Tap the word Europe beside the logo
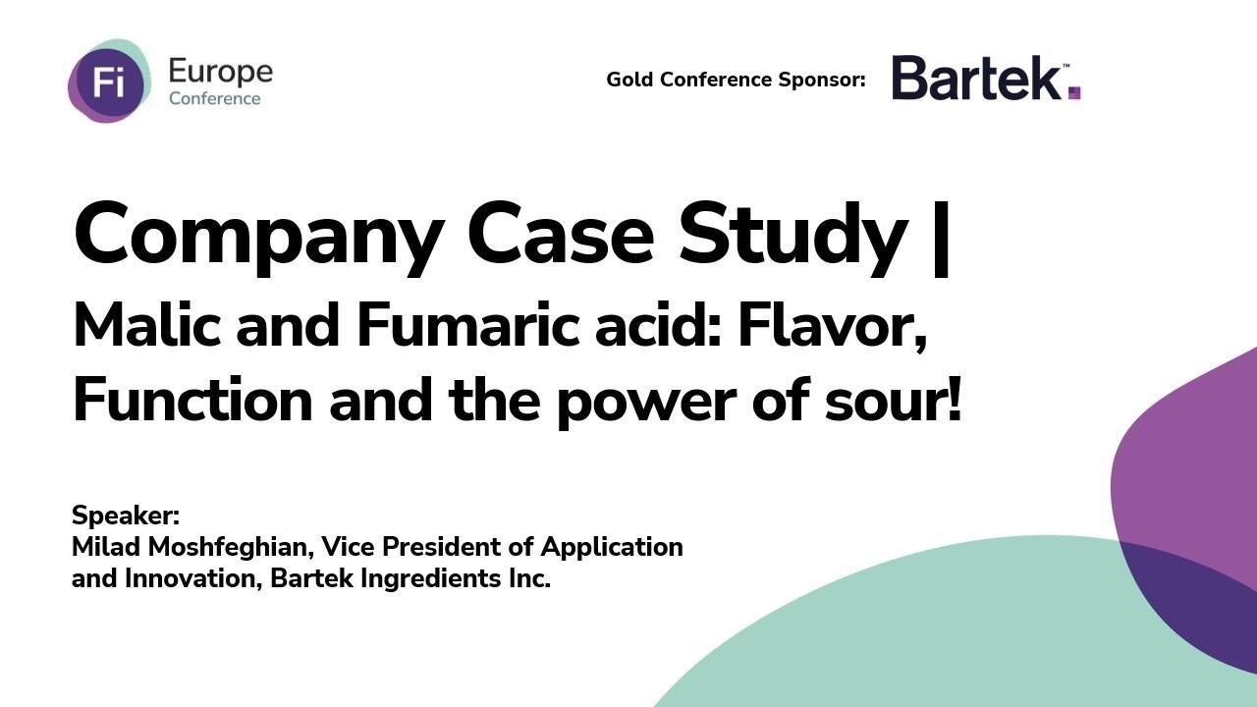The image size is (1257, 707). pyautogui.click(x=220, y=72)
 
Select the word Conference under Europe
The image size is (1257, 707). pyautogui.click(x=214, y=98)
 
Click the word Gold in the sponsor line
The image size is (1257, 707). pyautogui.click(x=629, y=80)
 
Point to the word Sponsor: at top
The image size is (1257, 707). pyautogui.click(x=822, y=80)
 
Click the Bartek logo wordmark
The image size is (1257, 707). pyautogui.click(x=977, y=78)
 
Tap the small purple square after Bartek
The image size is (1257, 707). pyautogui.click(x=1074, y=93)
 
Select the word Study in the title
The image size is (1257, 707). pyautogui.click(x=792, y=236)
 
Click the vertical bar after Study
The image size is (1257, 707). pyautogui.click(x=940, y=238)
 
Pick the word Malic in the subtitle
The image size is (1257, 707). pyautogui.click(x=147, y=325)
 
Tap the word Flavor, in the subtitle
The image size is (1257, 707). pyautogui.click(x=833, y=325)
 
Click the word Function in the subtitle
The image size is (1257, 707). pyautogui.click(x=192, y=401)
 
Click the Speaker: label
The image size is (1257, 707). pyautogui.click(x=126, y=516)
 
